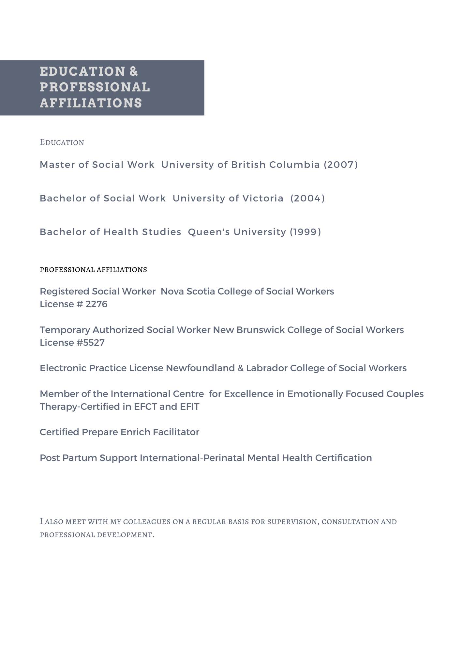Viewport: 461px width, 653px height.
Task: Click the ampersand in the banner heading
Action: tap(134, 72)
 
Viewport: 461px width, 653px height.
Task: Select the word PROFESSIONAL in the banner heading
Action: tap(95, 87)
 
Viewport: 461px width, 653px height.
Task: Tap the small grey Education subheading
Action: tap(62, 142)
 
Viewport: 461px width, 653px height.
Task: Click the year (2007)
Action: tap(341, 165)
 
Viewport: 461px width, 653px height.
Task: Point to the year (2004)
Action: tap(307, 198)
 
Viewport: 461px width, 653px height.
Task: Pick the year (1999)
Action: tap(305, 232)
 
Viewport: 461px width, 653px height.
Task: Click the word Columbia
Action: tap(294, 165)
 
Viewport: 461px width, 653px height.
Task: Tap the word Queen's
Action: tap(209, 232)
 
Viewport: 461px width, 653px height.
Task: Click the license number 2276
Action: tap(96, 304)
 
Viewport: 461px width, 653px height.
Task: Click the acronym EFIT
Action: tap(189, 407)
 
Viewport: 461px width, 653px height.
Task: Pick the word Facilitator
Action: tap(176, 432)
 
